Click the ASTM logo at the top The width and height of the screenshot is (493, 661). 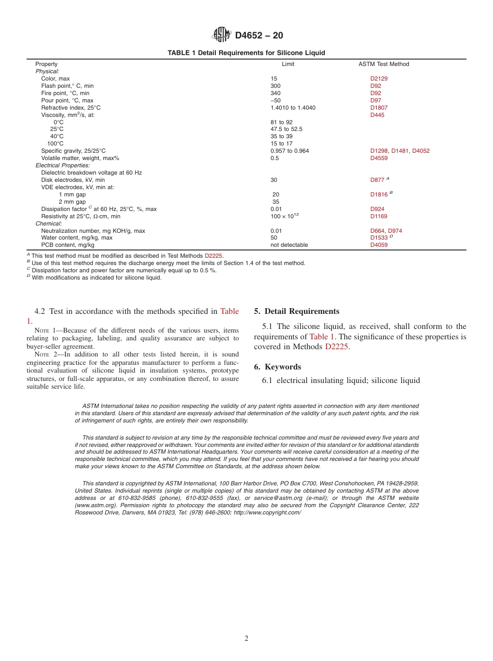click(x=222, y=35)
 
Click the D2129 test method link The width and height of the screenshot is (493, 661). click(x=379, y=78)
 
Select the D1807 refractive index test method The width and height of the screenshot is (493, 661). click(x=379, y=108)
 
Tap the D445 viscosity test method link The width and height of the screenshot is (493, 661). click(x=377, y=115)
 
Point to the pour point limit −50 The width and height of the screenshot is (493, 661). click(x=276, y=100)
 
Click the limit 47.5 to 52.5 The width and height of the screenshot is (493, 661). click(x=286, y=129)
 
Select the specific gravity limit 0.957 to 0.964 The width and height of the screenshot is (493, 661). click(x=290, y=151)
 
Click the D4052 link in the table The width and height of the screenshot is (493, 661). click(x=421, y=151)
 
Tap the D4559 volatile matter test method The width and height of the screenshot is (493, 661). click(x=379, y=158)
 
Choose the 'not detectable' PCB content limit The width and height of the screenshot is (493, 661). click(x=289, y=245)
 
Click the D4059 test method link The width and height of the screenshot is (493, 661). click(x=379, y=245)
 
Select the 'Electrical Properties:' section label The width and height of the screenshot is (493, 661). click(x=62, y=165)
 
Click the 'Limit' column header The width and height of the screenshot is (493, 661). click(x=287, y=64)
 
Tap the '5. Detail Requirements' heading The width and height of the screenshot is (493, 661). click(x=296, y=311)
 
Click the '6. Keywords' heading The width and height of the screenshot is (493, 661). click(x=277, y=367)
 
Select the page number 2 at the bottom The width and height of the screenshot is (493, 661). click(x=246, y=639)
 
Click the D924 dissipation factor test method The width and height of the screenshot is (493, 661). click(x=377, y=209)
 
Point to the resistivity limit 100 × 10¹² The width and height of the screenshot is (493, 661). click(x=284, y=216)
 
